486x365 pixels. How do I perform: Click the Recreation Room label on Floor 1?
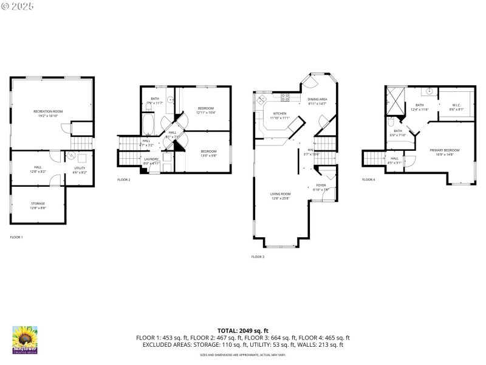pos(48,111)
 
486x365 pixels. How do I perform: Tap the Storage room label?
pos(38,203)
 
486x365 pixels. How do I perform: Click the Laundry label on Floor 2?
pos(151,159)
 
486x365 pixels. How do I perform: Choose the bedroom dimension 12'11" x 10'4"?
pos(207,113)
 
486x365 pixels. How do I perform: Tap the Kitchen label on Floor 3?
pos(279,114)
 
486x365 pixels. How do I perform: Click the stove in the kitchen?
pos(284,96)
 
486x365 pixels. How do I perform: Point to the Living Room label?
pos(280,194)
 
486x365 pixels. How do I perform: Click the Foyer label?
pos(321,186)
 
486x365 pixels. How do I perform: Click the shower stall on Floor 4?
pos(394,101)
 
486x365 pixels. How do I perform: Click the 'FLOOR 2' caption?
pos(124,179)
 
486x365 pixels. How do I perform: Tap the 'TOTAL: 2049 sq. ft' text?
pos(243,330)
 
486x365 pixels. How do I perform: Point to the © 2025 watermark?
pos(18,6)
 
